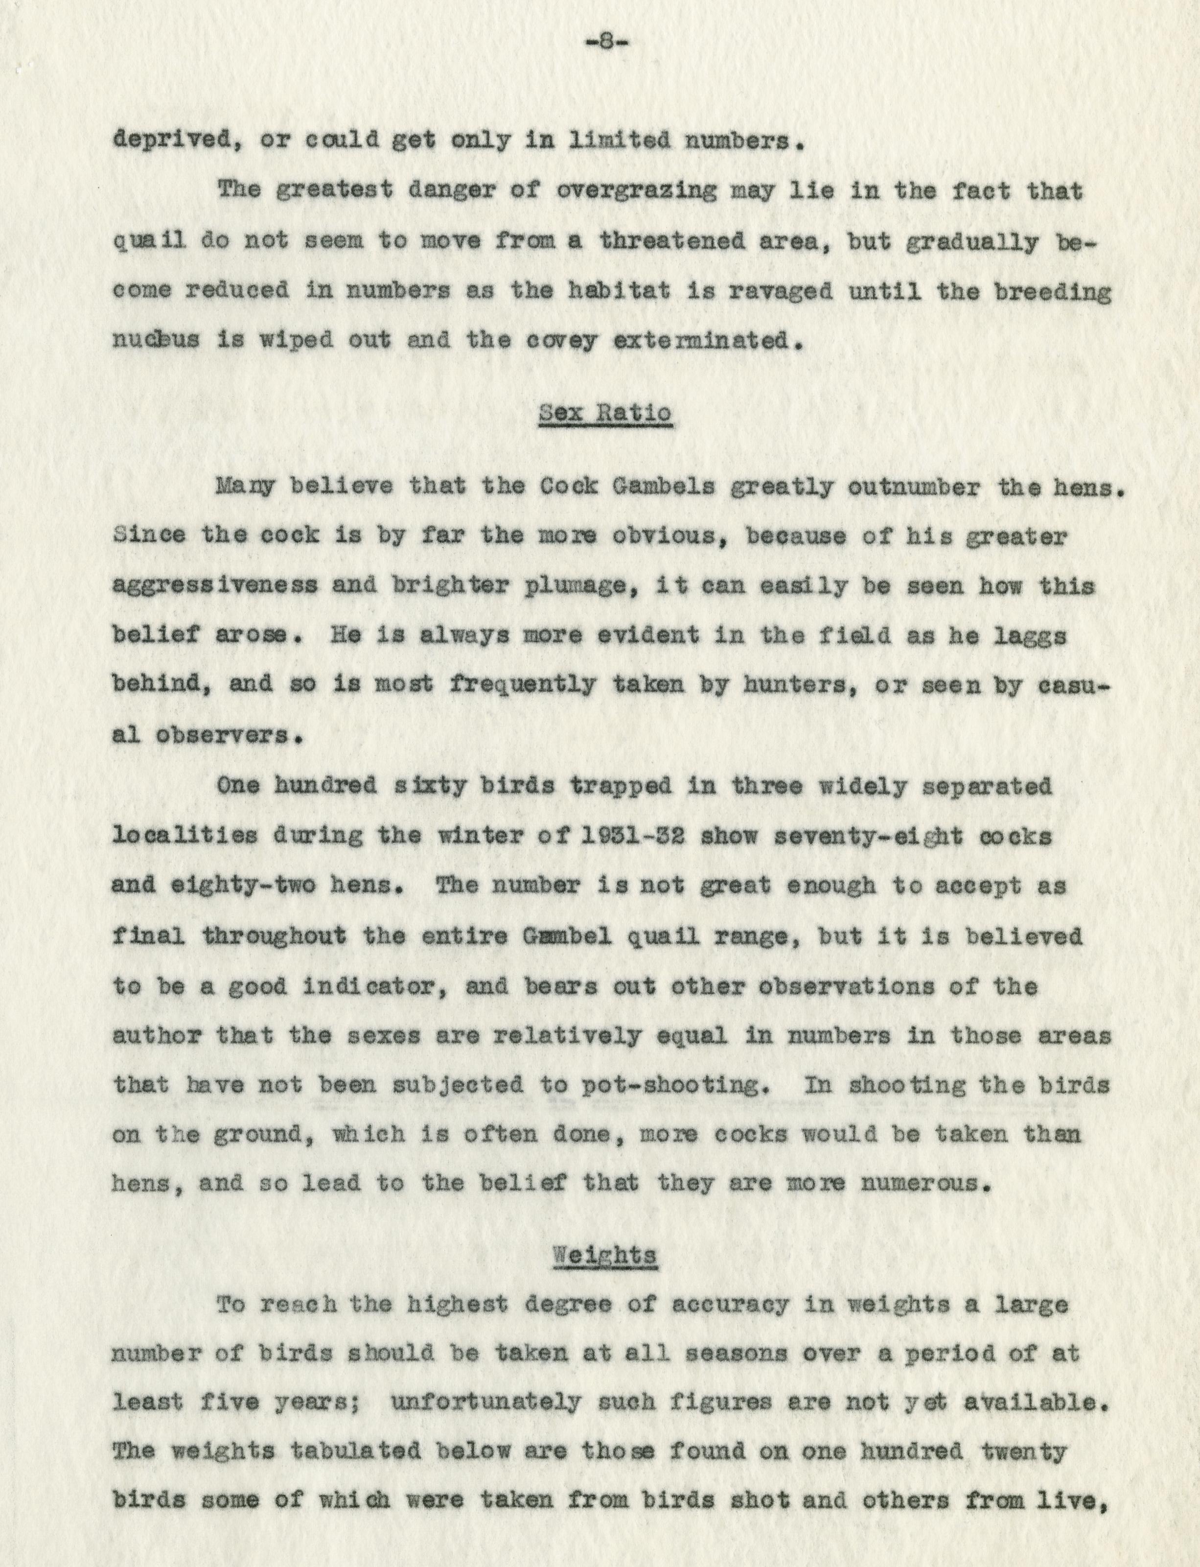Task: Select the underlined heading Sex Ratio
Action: click(605, 414)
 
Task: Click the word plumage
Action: click(481, 586)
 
